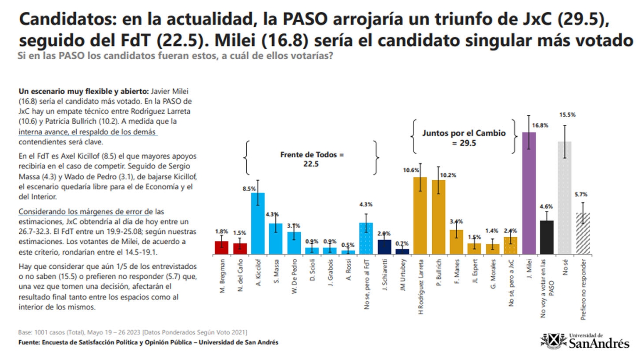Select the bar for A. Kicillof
(258, 224)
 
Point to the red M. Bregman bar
(221, 248)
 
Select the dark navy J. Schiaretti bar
(384, 247)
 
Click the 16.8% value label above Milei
(540, 125)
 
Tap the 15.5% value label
(567, 115)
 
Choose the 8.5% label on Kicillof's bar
(249, 189)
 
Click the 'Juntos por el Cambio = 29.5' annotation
(464, 138)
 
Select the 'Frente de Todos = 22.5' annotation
(312, 159)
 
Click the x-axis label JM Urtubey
(402, 275)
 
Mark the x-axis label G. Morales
(493, 274)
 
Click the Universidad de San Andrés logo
(586, 341)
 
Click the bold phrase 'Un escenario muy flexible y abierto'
(83, 91)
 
